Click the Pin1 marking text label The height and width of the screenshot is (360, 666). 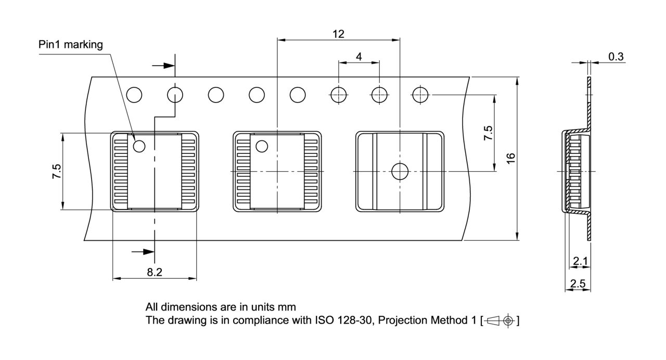(71, 45)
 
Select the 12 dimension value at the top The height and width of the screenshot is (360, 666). (338, 34)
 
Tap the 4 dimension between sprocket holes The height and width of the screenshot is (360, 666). (359, 56)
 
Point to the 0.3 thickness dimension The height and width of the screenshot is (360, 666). (616, 57)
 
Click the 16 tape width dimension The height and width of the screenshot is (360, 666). (511, 159)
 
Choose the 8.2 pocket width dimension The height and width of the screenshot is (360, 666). (155, 272)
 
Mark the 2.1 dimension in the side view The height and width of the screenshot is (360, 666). (580, 261)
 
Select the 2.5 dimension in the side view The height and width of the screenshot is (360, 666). (578, 284)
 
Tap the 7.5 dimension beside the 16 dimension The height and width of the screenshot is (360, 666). (488, 133)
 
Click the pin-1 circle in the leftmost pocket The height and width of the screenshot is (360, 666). (139, 147)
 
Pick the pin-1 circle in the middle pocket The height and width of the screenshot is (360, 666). (261, 147)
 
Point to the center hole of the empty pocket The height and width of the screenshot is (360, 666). (400, 171)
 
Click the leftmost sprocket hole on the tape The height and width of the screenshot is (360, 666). (134, 95)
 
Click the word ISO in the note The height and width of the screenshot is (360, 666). (323, 320)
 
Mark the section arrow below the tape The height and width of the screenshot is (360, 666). (144, 252)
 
